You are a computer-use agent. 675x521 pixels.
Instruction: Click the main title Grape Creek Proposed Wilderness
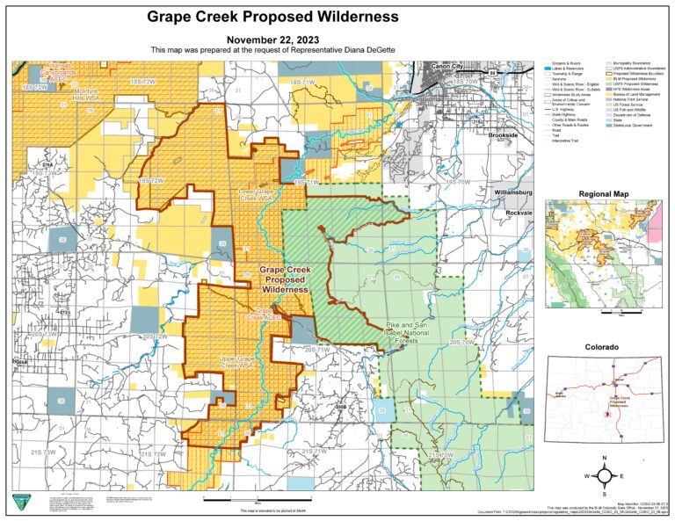[272, 17]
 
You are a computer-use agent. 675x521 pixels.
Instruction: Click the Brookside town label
[508, 137]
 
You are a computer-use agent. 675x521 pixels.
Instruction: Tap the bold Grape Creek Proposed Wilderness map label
[284, 279]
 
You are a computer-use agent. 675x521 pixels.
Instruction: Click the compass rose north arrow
[606, 474]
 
